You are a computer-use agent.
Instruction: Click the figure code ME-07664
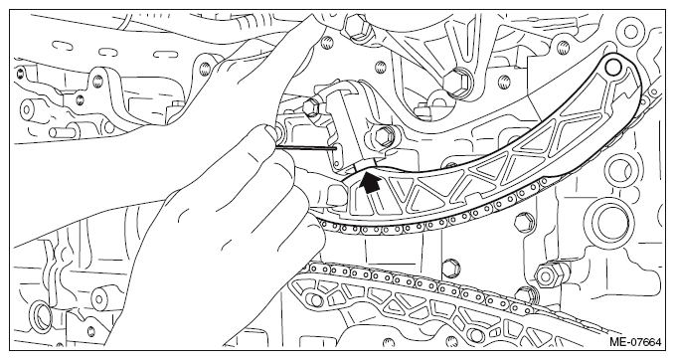tap(635, 343)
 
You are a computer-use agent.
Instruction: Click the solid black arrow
tap(370, 183)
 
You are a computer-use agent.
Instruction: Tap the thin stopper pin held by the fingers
tap(305, 148)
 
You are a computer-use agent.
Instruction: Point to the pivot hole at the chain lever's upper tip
tap(613, 67)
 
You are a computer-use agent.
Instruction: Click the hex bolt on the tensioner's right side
tap(383, 135)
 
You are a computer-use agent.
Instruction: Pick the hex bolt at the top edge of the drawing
tap(357, 26)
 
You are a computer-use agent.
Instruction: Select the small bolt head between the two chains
tap(450, 267)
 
